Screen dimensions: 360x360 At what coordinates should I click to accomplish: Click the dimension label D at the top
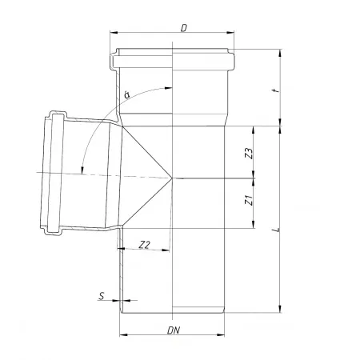coord(184,28)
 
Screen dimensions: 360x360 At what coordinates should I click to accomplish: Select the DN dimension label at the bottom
coord(174,330)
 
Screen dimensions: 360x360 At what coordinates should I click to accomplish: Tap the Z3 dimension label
coord(249,154)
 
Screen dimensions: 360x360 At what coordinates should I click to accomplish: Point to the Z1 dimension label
coord(249,200)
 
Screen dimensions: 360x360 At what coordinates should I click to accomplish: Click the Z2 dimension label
coord(145,245)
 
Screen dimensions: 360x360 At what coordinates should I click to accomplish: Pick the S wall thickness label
coord(102,296)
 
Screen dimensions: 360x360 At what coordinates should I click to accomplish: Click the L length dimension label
coord(277,230)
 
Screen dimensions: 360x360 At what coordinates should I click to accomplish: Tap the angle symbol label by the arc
coord(127,94)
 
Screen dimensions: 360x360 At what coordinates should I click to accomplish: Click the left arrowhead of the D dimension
coord(114,33)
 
